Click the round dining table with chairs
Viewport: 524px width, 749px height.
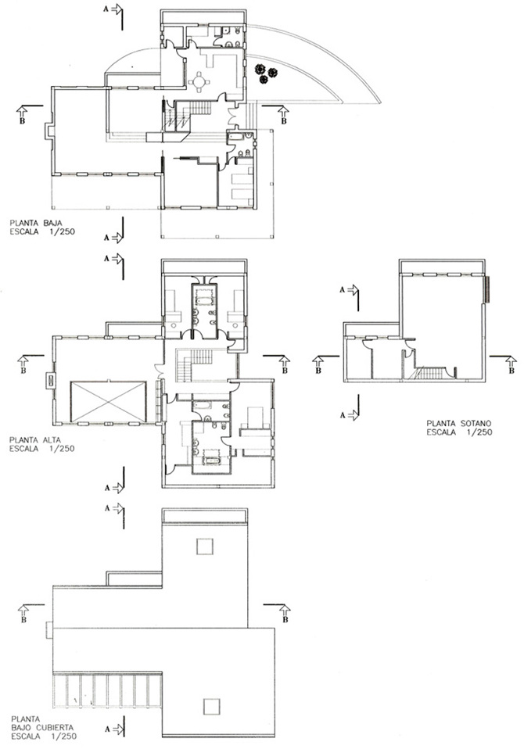[199, 81]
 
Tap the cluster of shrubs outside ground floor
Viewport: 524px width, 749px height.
[265, 73]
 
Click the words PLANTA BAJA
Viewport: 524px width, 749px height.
[36, 223]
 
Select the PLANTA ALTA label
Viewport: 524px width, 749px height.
[35, 440]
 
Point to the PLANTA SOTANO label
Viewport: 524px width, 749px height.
[458, 423]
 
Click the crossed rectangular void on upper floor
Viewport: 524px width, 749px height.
[109, 401]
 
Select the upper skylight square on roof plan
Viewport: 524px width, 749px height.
[204, 546]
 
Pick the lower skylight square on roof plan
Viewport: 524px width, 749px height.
[211, 707]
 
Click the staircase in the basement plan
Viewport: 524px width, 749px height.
[429, 373]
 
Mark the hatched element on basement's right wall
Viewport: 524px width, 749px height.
[486, 289]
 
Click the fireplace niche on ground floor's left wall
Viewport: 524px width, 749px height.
[48, 131]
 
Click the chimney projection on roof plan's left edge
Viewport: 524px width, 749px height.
[49, 629]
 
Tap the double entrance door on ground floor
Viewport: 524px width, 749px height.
[231, 116]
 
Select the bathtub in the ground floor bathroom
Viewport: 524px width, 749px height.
[237, 136]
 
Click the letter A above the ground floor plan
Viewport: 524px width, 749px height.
[106, 9]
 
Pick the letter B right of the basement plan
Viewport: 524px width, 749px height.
[511, 371]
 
